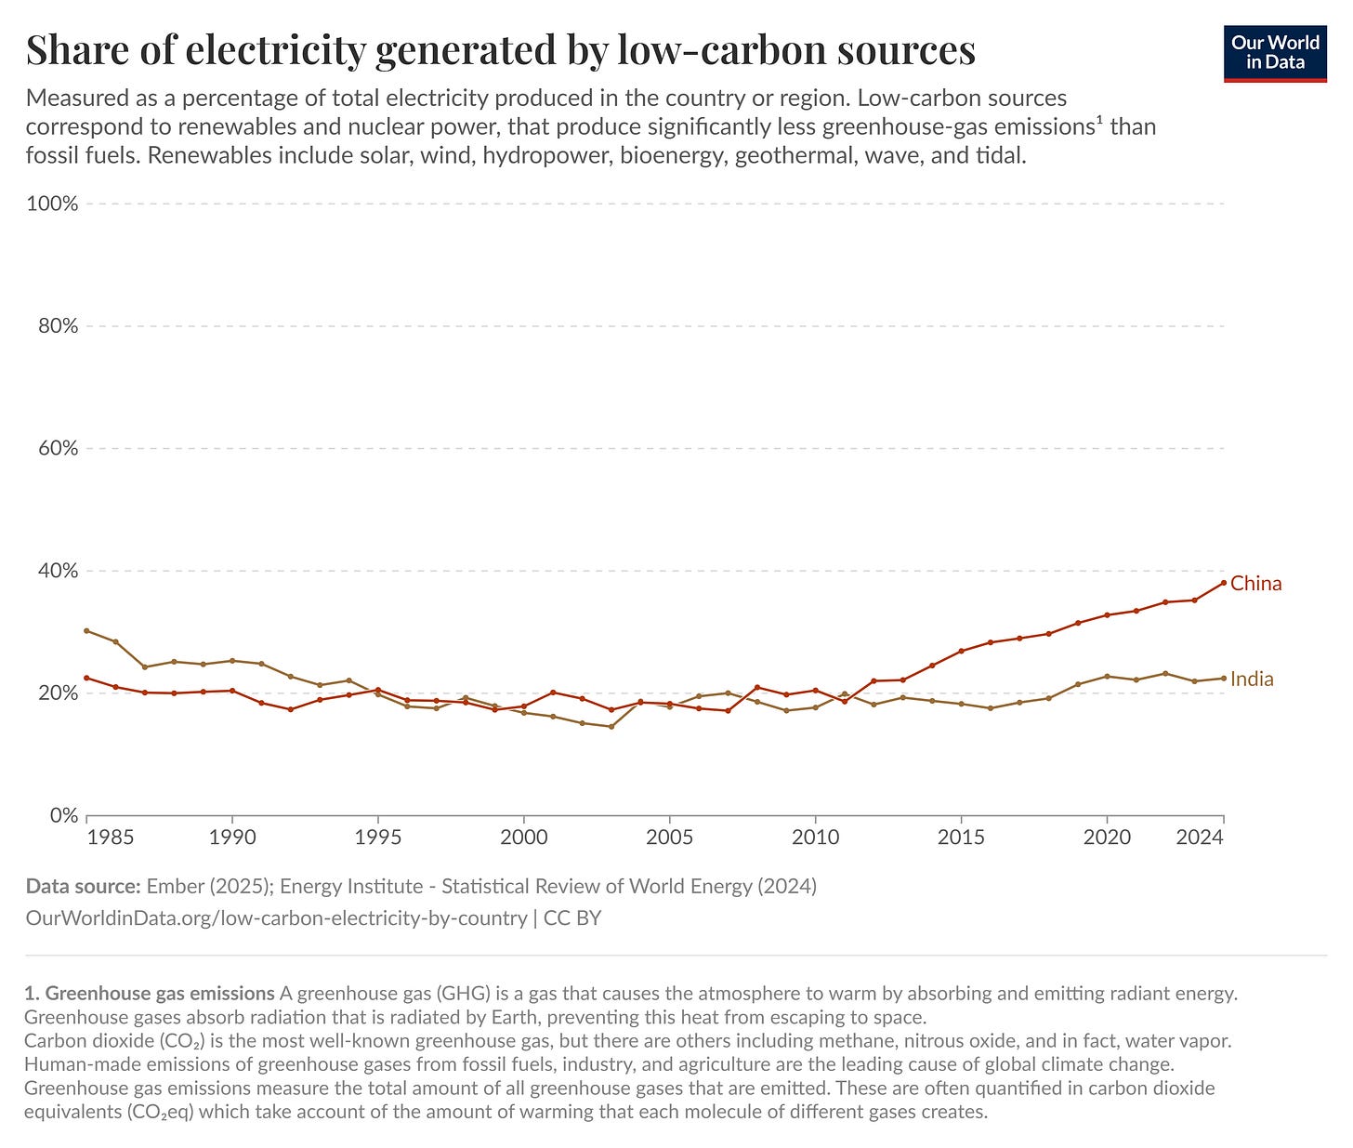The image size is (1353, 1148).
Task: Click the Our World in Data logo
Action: pos(1274,53)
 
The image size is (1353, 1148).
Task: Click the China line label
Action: pos(1255,584)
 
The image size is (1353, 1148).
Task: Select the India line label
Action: pos(1252,680)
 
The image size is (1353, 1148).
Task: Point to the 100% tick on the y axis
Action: pos(53,204)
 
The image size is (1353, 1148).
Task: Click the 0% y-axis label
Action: pos(63,815)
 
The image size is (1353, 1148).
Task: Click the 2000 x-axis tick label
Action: pos(523,837)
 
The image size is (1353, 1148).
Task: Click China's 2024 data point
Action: pos(1223,583)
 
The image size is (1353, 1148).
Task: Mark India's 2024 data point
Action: pos(1223,678)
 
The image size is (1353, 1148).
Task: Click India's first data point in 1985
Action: pos(86,630)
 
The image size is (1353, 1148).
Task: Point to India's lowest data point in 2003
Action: pos(611,726)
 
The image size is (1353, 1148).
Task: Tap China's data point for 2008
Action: pos(756,687)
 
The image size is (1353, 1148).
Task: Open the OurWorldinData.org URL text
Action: pos(276,918)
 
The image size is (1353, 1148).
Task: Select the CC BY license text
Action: pos(572,918)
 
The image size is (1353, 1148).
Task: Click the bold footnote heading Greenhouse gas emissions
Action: pos(160,993)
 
